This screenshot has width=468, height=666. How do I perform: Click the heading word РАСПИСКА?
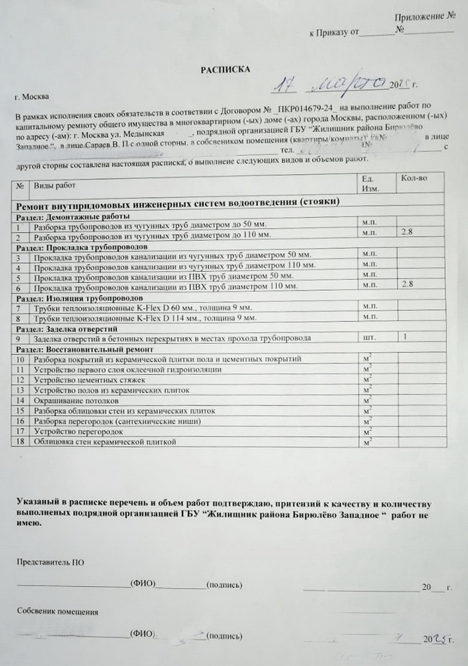pos(225,70)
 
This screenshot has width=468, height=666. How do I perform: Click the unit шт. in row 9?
pos(368,337)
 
